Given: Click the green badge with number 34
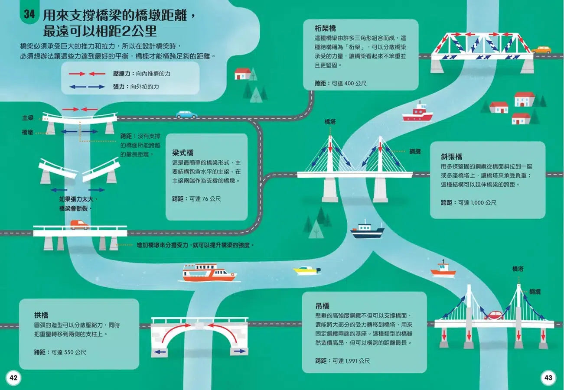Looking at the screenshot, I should tap(29, 14).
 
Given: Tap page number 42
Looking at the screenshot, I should tap(13, 377).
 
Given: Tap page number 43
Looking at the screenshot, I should tap(548, 377).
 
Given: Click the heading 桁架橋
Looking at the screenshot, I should tap(325, 29).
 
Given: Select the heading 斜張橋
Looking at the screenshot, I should tap(451, 156).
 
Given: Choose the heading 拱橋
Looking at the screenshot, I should tap(41, 315).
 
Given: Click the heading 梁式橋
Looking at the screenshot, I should tap(183, 153).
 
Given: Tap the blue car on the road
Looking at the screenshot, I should tap(186, 114).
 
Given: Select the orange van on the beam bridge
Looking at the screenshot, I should tap(79, 225).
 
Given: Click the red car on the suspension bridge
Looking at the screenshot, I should tap(493, 315).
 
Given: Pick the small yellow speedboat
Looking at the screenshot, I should tap(306, 270).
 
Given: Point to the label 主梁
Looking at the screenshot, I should tap(28, 118).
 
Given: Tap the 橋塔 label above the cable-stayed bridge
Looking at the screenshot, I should tap(330, 122).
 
